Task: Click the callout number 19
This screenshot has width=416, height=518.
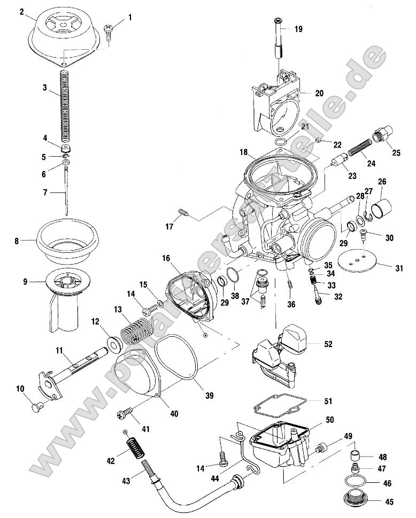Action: point(298,29)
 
